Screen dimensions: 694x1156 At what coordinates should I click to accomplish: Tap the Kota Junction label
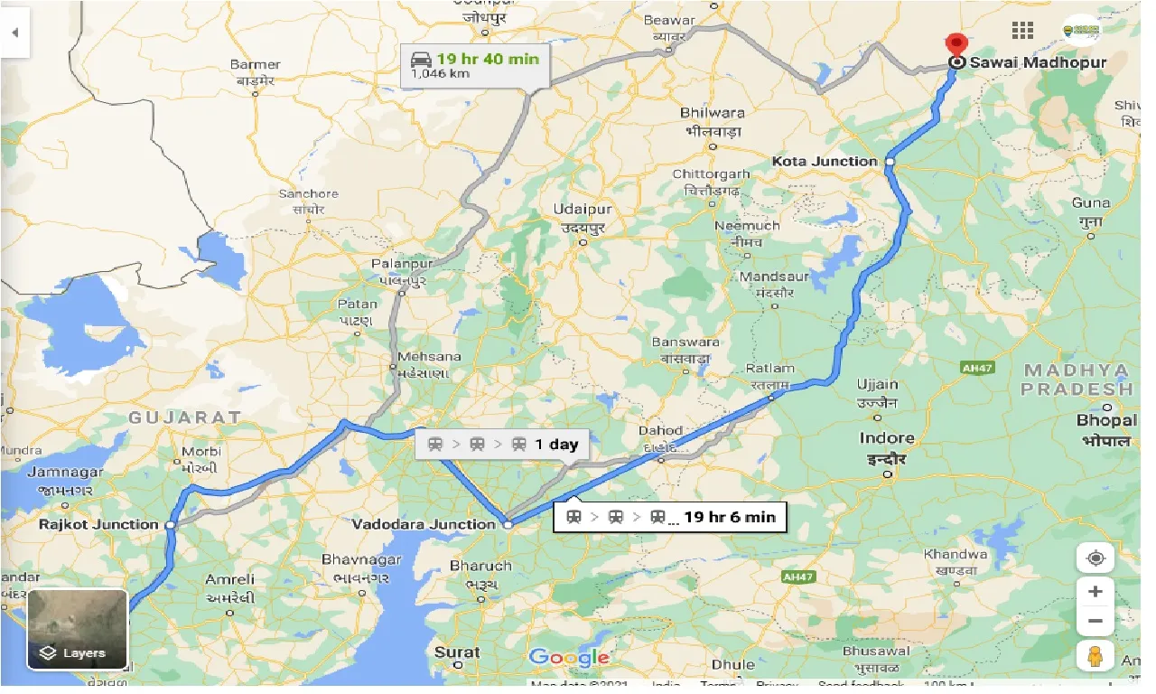pos(825,161)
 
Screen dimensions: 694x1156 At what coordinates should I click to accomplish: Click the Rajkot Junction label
pos(98,524)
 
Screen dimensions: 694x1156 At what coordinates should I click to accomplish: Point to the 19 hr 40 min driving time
pos(488,60)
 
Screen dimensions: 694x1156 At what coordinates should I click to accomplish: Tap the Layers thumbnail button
pos(78,629)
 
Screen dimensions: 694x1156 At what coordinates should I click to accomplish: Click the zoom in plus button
pos(1095,592)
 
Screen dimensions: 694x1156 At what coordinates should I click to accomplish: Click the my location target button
pos(1095,558)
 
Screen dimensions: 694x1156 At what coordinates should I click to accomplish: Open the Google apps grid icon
pos(1022,31)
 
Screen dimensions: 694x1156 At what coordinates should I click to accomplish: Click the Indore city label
pos(887,438)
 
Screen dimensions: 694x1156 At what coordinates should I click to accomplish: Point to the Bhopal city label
pos(1105,421)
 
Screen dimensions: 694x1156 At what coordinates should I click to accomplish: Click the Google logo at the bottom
pos(569,657)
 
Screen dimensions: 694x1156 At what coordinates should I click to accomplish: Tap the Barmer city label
pos(255,65)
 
